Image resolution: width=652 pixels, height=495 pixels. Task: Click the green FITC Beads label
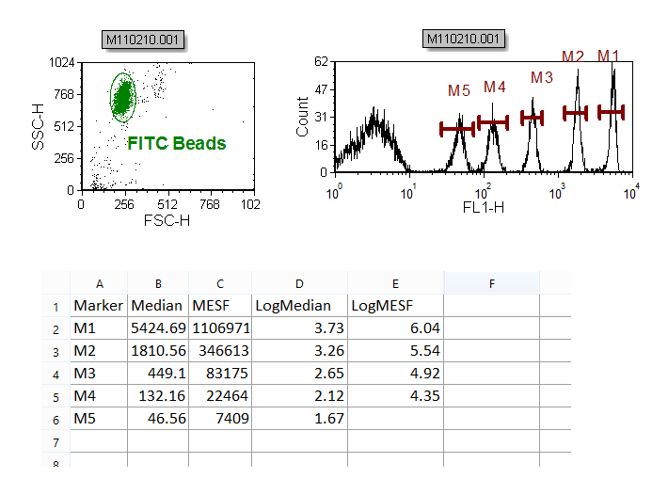[177, 144]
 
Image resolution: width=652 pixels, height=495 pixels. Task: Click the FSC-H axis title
[167, 221]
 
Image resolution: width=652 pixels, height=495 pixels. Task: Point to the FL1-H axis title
[483, 207]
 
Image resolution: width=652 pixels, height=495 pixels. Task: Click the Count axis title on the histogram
[303, 117]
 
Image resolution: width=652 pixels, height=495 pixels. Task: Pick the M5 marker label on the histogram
[458, 91]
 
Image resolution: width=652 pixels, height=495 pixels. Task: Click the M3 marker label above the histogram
[542, 77]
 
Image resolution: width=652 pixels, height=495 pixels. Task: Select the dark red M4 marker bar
[493, 121]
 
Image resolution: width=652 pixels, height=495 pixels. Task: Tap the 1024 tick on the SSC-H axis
[63, 62]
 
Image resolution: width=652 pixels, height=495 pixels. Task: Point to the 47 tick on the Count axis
[320, 89]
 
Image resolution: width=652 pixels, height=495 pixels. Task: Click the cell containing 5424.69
[158, 328]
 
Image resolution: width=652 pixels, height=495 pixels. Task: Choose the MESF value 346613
[220, 351]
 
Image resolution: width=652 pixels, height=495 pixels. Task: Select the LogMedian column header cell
[299, 306]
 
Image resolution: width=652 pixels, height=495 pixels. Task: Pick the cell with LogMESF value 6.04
[395, 328]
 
